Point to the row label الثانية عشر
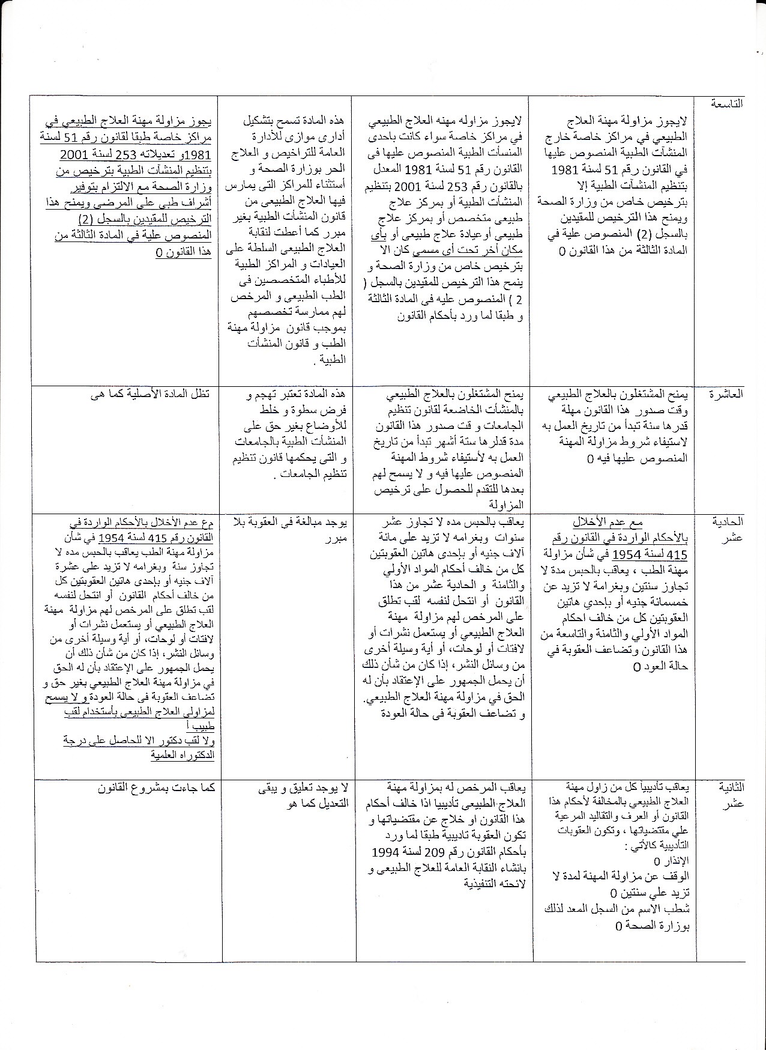pos(730,794)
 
